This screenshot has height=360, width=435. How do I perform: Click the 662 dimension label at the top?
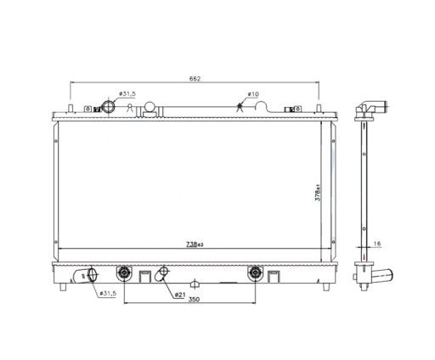click(x=195, y=79)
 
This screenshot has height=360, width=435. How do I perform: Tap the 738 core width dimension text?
click(x=195, y=245)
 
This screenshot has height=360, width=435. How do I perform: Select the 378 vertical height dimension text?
click(x=318, y=193)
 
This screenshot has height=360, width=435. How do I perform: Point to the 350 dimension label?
click(x=194, y=300)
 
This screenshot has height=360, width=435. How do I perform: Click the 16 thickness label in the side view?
click(x=377, y=244)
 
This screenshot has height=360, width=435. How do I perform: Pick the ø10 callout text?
click(x=253, y=93)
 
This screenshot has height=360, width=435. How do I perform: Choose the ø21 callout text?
click(x=180, y=295)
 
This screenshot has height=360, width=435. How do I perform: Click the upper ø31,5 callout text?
click(x=127, y=93)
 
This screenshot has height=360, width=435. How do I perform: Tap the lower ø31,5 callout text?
click(x=108, y=294)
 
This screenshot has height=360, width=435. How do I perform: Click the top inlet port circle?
click(x=109, y=107)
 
